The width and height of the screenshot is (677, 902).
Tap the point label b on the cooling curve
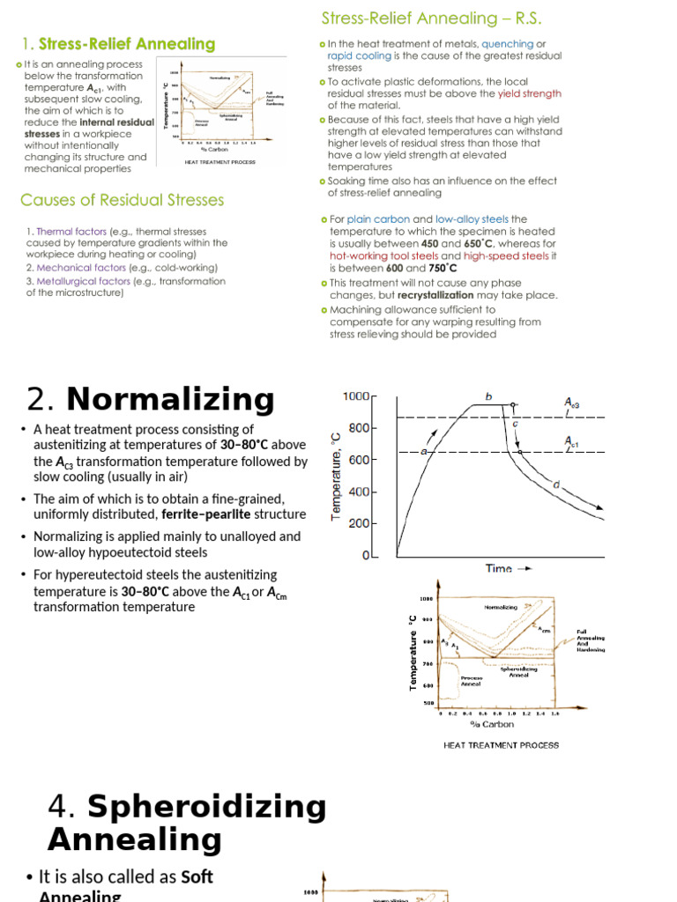pos(488,396)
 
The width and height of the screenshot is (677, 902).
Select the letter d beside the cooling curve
pos(556,484)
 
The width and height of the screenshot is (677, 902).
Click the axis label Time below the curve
pos(500,568)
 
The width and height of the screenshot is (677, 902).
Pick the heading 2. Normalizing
pos(151,400)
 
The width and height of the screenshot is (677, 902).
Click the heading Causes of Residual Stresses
pos(123,200)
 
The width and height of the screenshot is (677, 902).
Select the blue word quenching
pos(507,44)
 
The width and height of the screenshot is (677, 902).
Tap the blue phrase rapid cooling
pos(358,55)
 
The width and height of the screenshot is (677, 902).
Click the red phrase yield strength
pos(529,93)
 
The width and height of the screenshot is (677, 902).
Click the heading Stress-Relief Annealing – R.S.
pos(430,18)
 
